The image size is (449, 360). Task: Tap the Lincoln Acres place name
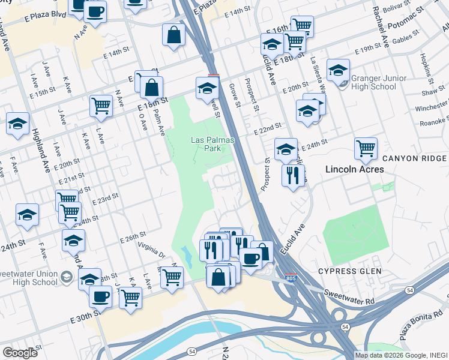pos(354,170)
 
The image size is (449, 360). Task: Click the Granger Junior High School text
pos(379,83)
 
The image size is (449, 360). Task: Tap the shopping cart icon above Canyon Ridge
pos(365,147)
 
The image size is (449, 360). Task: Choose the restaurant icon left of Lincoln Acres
pos(293,175)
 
